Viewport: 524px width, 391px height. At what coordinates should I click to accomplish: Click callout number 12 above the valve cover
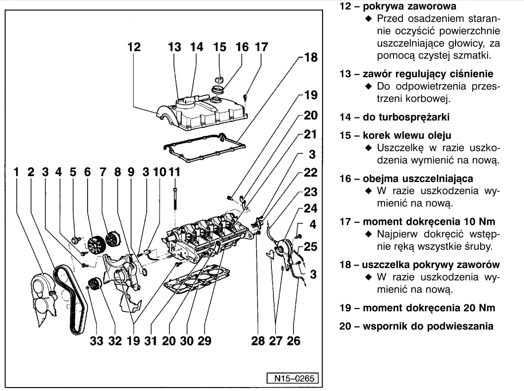pos(133,48)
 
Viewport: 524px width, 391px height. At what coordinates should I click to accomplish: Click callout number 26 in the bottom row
pos(293,340)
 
